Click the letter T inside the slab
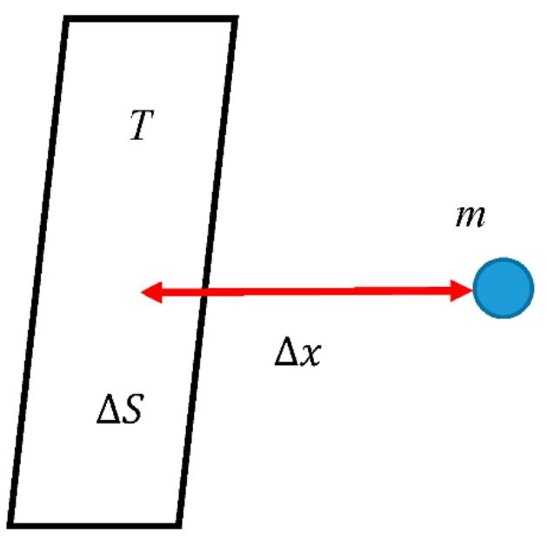pyautogui.click(x=143, y=127)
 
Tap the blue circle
pyautogui.click(x=503, y=289)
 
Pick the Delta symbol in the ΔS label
pyautogui.click(x=107, y=410)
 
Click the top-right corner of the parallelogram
pyautogui.click(x=235, y=19)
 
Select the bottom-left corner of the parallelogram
pyautogui.click(x=12, y=524)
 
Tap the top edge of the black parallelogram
pyautogui.click(x=151, y=19)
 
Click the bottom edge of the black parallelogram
pyautogui.click(x=96, y=524)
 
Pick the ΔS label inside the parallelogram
pyautogui.click(x=119, y=410)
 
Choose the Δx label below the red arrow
pyautogui.click(x=297, y=354)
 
